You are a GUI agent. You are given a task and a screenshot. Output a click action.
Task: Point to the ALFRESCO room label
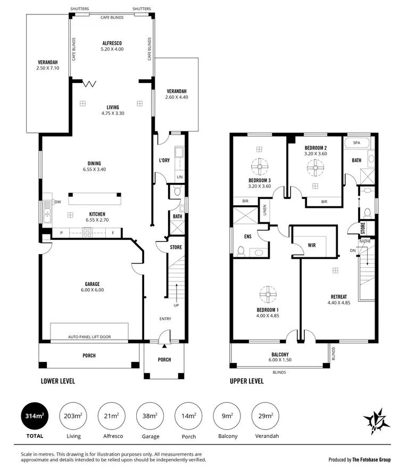click(x=112, y=44)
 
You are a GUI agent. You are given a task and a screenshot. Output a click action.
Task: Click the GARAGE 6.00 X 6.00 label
click(x=92, y=287)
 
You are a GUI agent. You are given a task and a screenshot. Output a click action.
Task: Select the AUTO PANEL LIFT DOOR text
click(x=89, y=337)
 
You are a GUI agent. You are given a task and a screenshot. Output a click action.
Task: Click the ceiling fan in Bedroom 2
click(x=314, y=169)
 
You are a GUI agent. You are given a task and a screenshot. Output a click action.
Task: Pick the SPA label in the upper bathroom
click(x=356, y=144)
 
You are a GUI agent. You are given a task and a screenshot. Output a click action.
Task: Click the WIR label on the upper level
click(x=312, y=246)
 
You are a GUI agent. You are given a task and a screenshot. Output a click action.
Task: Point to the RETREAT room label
click(x=339, y=297)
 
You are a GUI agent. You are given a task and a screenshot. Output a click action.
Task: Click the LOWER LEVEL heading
click(x=58, y=381)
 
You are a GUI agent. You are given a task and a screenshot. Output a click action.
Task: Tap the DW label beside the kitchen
click(x=57, y=202)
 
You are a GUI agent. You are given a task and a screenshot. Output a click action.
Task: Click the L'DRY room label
click(x=164, y=161)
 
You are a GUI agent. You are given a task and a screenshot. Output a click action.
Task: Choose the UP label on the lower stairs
click(x=176, y=306)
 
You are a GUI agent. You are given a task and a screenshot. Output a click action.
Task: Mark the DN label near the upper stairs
click(x=352, y=250)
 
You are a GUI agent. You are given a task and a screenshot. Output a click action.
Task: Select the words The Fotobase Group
click(x=371, y=459)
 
